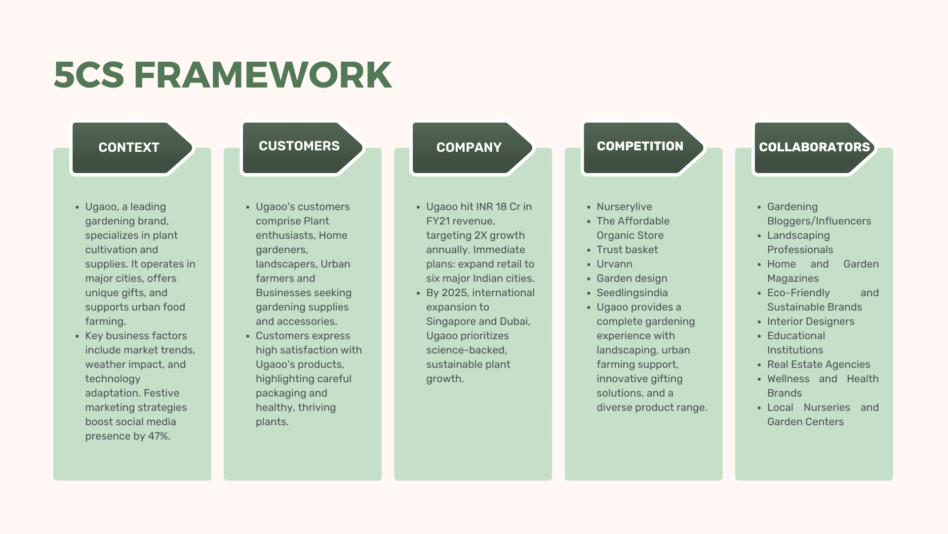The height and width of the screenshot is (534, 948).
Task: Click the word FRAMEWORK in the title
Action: (x=263, y=76)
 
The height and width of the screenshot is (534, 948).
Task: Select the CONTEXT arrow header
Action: (x=129, y=147)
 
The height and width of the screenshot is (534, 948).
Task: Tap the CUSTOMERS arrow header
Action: (x=299, y=146)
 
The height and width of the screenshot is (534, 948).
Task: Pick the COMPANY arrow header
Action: (x=469, y=147)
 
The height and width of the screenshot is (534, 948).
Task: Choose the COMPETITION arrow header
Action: (x=640, y=146)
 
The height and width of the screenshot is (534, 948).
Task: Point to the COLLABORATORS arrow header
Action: (x=814, y=147)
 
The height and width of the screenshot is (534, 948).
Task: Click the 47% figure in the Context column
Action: (x=158, y=436)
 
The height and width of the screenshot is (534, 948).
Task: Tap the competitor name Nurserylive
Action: (x=624, y=207)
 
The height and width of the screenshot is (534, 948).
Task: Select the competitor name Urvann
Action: (x=614, y=264)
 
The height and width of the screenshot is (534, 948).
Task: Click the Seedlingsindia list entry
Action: (x=632, y=293)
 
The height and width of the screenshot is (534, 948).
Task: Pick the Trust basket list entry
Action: (x=627, y=250)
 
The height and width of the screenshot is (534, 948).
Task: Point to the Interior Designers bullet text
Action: (x=810, y=321)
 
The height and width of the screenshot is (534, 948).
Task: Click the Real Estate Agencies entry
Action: (x=818, y=364)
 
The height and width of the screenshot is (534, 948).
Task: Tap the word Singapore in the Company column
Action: (x=451, y=321)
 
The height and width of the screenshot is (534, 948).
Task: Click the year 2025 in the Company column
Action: (x=454, y=293)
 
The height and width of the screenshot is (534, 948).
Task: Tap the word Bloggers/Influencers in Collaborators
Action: (x=819, y=221)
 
